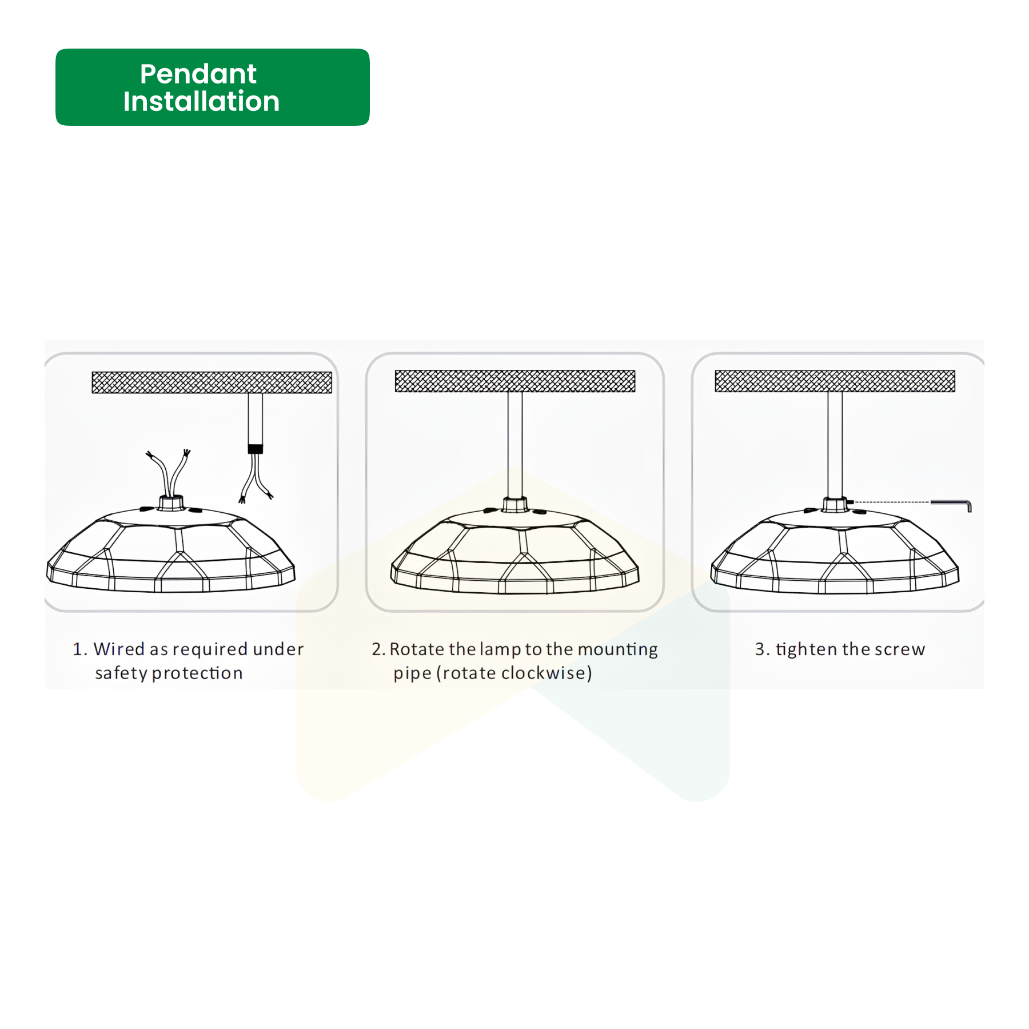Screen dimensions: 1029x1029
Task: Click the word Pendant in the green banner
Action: (x=198, y=74)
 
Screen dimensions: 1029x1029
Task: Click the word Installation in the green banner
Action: (x=201, y=101)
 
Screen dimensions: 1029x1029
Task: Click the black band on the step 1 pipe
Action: (x=255, y=449)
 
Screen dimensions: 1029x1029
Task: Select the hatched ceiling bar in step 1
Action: (x=212, y=382)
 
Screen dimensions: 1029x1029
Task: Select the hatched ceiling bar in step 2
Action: (x=515, y=381)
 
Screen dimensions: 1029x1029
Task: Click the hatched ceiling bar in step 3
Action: (x=835, y=381)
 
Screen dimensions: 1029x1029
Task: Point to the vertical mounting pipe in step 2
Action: (x=514, y=445)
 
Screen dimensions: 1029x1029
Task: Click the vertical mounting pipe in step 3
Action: (x=835, y=445)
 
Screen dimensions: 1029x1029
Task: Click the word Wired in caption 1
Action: (x=119, y=649)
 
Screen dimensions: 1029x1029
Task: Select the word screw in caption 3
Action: (x=900, y=650)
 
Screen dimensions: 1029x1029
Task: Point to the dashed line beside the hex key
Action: (x=891, y=502)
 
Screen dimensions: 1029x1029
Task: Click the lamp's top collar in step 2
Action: (x=514, y=504)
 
